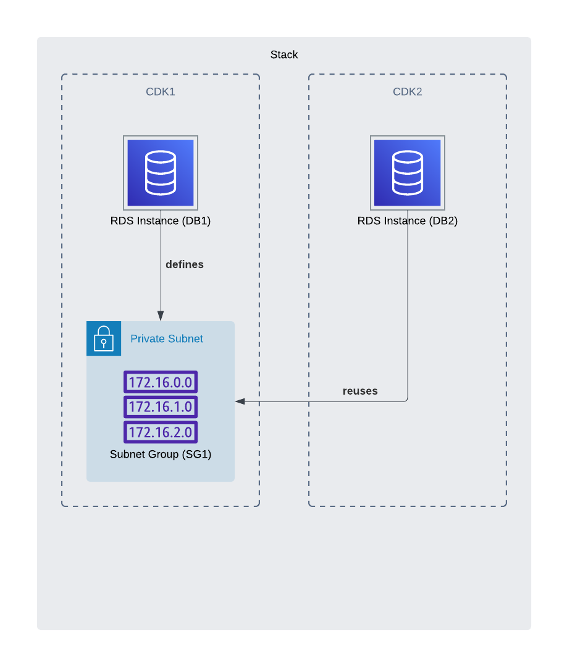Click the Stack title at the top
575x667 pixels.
pos(283,54)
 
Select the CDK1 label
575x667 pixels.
pos(161,91)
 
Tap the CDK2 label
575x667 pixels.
pos(407,91)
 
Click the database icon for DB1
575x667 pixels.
pos(161,173)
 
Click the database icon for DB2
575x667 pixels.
pos(408,173)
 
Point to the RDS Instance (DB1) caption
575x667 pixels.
pos(161,220)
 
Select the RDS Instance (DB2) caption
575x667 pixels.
pos(408,220)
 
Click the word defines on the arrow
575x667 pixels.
pos(185,264)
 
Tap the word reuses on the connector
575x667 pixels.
pos(360,391)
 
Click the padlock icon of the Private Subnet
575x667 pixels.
pos(103,338)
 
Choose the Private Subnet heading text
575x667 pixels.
pos(166,338)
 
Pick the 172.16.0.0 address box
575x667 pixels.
pos(161,382)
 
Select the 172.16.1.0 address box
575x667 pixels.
pos(161,406)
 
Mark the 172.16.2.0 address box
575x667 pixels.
pos(161,432)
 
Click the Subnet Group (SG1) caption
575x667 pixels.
pos(161,455)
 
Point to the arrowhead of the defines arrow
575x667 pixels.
pos(161,316)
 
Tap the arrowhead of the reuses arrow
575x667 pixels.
pos(240,401)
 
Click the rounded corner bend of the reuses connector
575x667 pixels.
pos(406,400)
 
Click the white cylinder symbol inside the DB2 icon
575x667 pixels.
pos(408,173)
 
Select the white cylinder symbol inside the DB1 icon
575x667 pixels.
pos(161,173)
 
